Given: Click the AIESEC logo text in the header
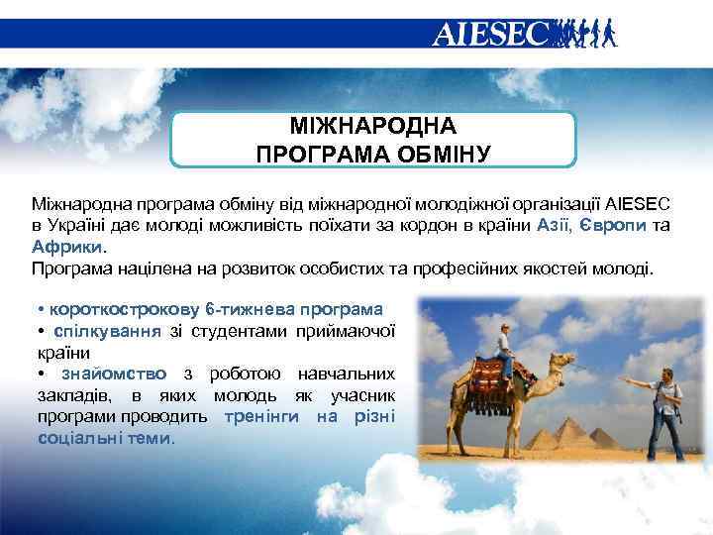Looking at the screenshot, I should tap(489, 35).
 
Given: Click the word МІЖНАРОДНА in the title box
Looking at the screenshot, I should tap(373, 127).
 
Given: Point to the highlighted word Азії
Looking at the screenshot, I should tap(553, 226).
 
